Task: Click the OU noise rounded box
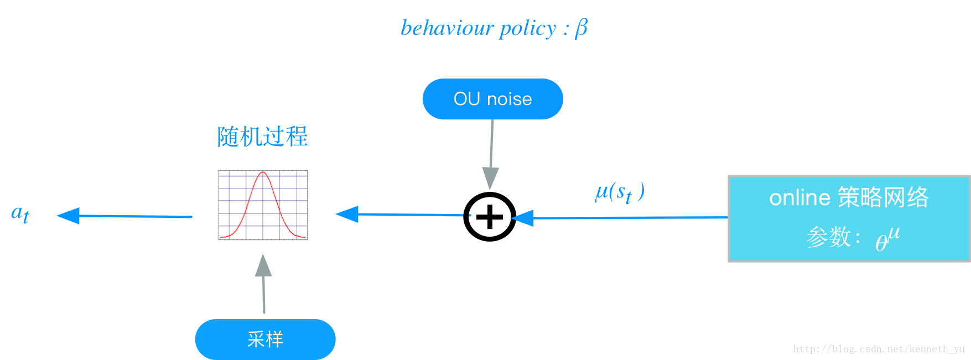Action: pos(492,99)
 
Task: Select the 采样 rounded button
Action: pos(265,339)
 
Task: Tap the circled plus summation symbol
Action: pos(490,217)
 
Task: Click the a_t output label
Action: pos(20,213)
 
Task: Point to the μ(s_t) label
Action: pos(619,192)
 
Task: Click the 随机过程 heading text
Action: pos(262,137)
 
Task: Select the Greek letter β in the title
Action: pos(581,28)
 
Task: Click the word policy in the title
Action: pos(527,28)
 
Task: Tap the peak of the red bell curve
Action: pos(263,173)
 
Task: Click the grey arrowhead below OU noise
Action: pos(490,178)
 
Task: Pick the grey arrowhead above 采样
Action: pos(263,266)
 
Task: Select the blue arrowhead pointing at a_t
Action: pos(69,216)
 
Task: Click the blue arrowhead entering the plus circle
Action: pos(522,218)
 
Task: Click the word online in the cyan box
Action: pos(799,198)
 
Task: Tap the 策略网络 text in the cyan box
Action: pos(883,197)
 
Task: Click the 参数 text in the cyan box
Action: pos(828,237)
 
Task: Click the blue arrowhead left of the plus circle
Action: pos(347,214)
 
